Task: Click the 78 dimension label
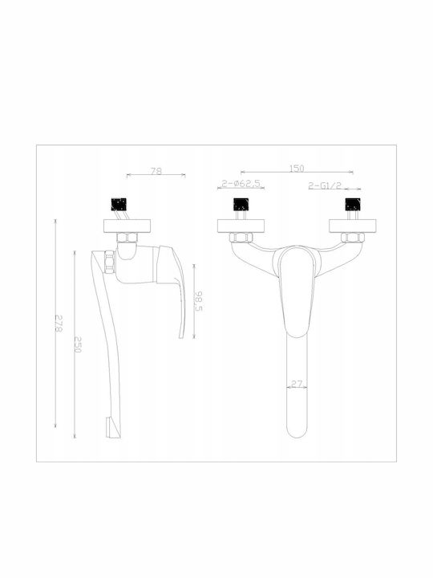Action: tap(156, 172)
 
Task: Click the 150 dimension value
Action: tap(297, 169)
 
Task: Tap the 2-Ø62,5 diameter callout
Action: tap(240, 184)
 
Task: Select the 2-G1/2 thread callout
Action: tap(325, 185)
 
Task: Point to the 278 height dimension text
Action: tap(59, 324)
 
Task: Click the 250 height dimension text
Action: tap(78, 344)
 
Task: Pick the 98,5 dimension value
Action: tap(198, 301)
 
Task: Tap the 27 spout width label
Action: tap(297, 384)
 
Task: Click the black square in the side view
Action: tap(119, 204)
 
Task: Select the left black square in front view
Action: tap(241, 204)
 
